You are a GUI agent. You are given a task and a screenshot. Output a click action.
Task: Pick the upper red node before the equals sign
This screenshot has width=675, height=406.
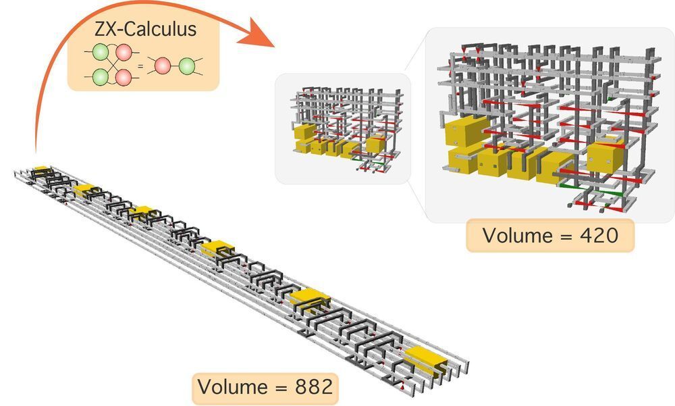(124, 53)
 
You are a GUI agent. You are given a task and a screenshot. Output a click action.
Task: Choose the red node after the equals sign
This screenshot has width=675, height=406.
(162, 66)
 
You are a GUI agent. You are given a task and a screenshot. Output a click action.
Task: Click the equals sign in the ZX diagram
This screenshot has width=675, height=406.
(140, 66)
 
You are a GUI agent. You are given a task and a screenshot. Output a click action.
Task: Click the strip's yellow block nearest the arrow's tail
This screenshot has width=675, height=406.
(41, 168)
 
